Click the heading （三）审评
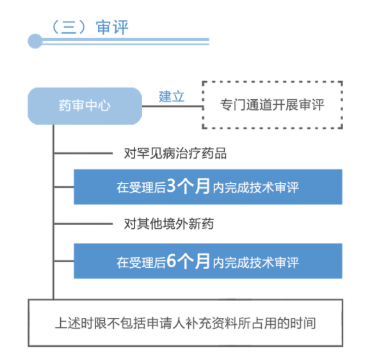pos(90,27)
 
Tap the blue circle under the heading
pos(35,41)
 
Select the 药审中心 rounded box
pos(85,106)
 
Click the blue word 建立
pos(172,97)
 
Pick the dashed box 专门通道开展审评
pos(272,105)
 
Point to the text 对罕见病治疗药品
pos(175,153)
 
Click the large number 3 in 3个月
pos(171,186)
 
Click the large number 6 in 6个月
pos(171,260)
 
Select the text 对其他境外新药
pos(169,224)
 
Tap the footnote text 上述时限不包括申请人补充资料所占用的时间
pos(185,323)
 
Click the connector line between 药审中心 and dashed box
pos(172,106)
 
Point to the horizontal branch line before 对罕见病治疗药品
pos(83,153)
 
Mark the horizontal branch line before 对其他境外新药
pos(83,224)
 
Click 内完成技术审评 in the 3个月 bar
pos(255,188)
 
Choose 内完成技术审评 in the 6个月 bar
pos(255,262)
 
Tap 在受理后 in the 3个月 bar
pos(141,188)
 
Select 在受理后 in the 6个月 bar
pos(141,262)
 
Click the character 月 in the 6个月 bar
pos(202,261)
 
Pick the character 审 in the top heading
pos(104,27)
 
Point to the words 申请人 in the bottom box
pos(166,323)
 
